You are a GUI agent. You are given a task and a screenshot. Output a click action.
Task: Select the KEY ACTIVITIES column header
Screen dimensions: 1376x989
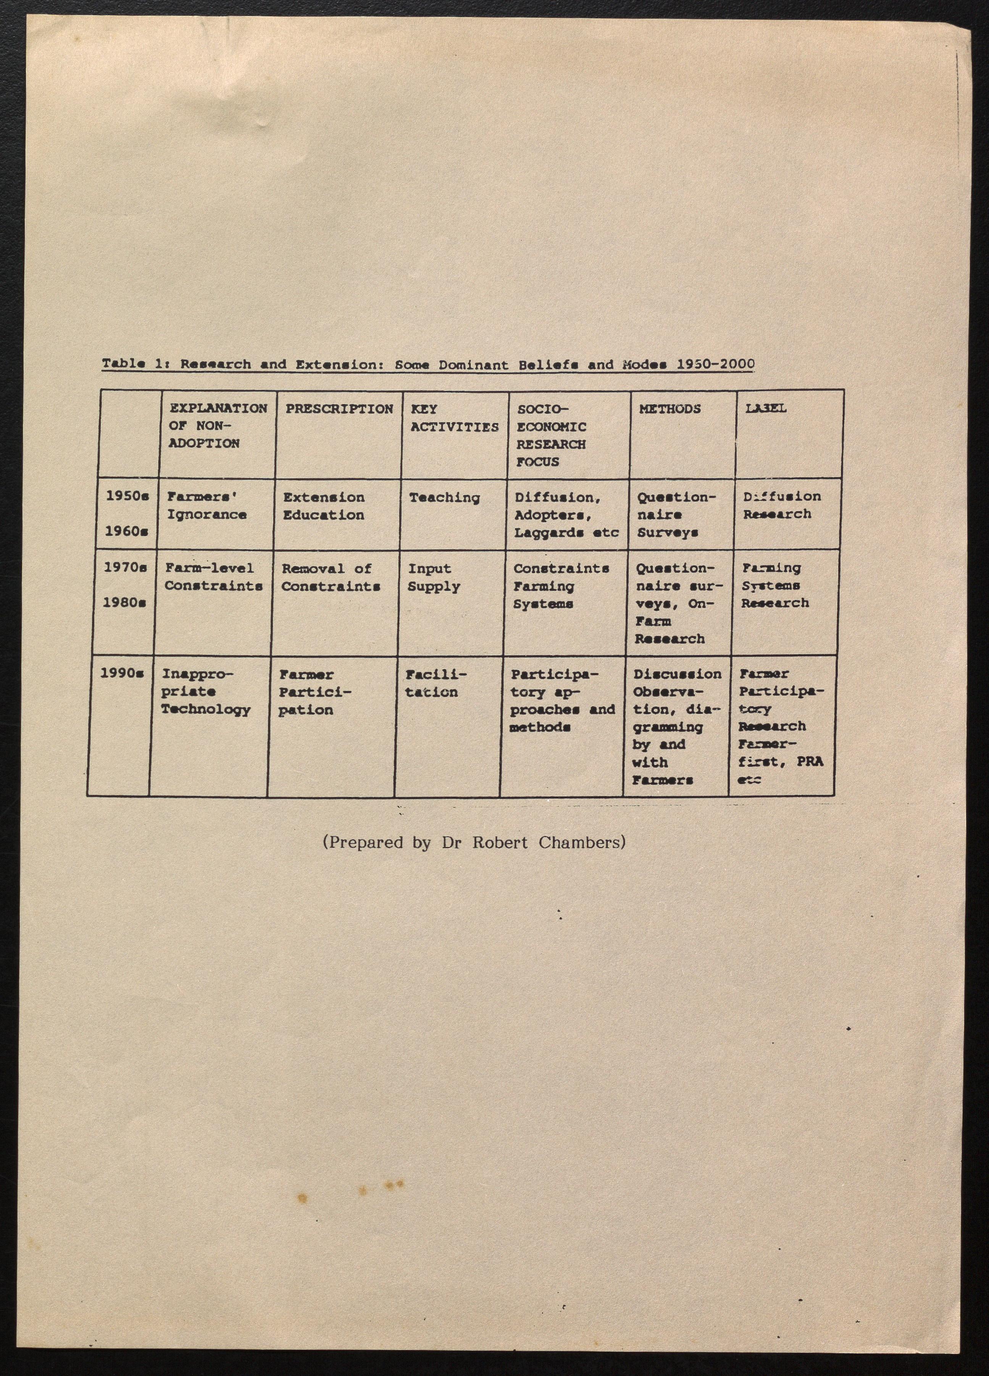click(x=454, y=418)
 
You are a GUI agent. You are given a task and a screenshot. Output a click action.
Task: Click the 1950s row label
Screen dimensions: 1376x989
click(x=127, y=496)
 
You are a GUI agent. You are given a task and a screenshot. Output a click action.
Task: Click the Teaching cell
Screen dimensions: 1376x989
click(x=444, y=497)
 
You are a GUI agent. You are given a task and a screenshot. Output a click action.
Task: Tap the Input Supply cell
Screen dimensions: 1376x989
click(x=433, y=578)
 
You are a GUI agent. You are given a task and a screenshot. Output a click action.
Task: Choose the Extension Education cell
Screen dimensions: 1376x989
click(x=323, y=506)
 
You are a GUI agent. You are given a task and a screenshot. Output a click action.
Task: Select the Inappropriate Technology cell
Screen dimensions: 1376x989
click(x=205, y=692)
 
